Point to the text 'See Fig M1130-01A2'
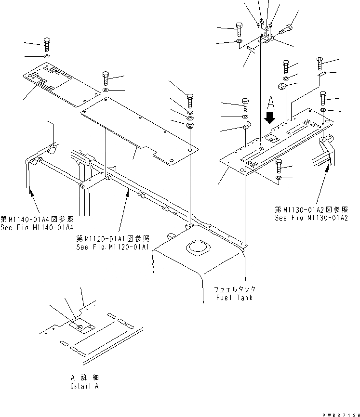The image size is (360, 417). click(311, 218)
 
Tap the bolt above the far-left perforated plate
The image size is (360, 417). click(47, 44)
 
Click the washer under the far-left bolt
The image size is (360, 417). click(47, 57)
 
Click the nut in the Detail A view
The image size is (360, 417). click(80, 327)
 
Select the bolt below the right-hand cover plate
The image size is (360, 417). click(280, 166)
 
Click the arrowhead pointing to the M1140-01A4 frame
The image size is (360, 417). click(32, 193)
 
